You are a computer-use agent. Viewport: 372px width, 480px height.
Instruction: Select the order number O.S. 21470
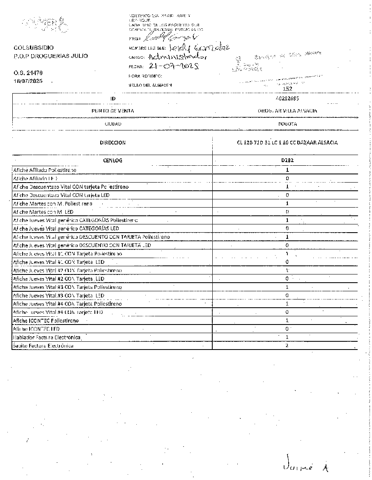(x=28, y=73)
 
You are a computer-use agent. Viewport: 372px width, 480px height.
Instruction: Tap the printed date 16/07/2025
(x=28, y=81)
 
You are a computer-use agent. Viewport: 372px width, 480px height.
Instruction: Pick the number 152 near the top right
(x=287, y=89)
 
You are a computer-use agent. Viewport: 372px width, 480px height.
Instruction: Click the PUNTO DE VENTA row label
(x=113, y=111)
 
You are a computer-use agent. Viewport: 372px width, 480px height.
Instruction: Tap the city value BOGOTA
(x=287, y=123)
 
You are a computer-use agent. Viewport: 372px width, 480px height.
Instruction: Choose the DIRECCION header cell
(x=113, y=143)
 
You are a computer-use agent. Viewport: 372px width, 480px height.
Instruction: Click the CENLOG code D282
(x=287, y=160)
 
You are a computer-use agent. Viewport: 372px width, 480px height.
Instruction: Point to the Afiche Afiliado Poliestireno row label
(x=45, y=170)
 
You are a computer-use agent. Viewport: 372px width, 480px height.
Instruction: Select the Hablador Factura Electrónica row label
(x=46, y=337)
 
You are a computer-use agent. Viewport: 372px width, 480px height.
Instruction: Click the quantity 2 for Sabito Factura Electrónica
(x=287, y=345)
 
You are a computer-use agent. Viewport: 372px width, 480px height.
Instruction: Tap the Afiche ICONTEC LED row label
(x=36, y=329)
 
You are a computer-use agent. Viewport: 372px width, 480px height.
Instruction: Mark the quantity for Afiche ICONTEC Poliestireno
(x=287, y=320)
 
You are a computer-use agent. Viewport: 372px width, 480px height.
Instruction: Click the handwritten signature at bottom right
(x=306, y=467)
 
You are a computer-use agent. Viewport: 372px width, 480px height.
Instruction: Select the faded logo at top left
(x=44, y=25)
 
